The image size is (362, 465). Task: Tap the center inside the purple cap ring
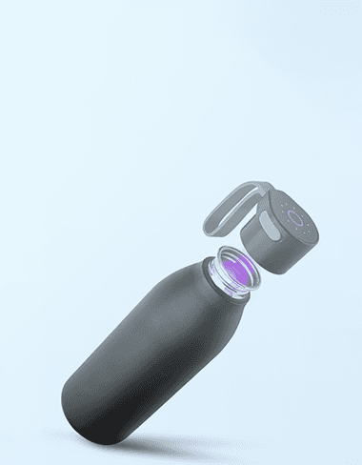tap(298, 220)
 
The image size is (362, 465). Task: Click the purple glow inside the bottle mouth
tap(233, 270)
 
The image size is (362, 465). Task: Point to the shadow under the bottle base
tap(162, 444)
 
